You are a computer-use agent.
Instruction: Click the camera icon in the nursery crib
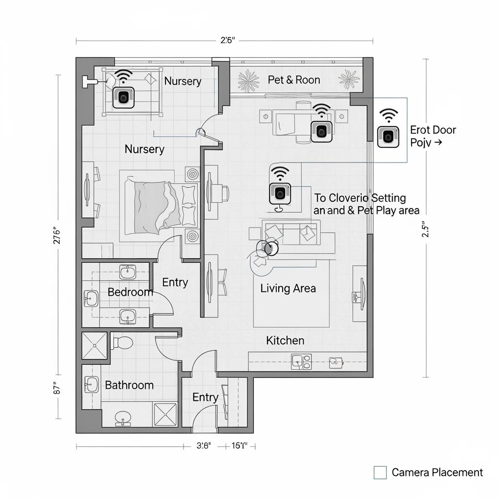pos(124,97)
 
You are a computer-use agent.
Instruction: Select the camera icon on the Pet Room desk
pos(321,131)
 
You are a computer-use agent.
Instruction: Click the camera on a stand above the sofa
pos(280,192)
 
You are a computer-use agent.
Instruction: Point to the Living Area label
pos(288,288)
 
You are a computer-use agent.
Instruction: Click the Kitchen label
pos(285,340)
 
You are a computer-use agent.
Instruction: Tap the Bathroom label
pos(129,385)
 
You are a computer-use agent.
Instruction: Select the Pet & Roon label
pos(294,80)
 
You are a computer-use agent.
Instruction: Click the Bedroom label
pos(130,292)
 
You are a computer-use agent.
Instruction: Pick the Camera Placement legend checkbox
pos(380,472)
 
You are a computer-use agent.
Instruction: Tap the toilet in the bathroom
pos(122,342)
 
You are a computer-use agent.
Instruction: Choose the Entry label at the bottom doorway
pos(205,397)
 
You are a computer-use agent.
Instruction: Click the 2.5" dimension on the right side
pos(426,229)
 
